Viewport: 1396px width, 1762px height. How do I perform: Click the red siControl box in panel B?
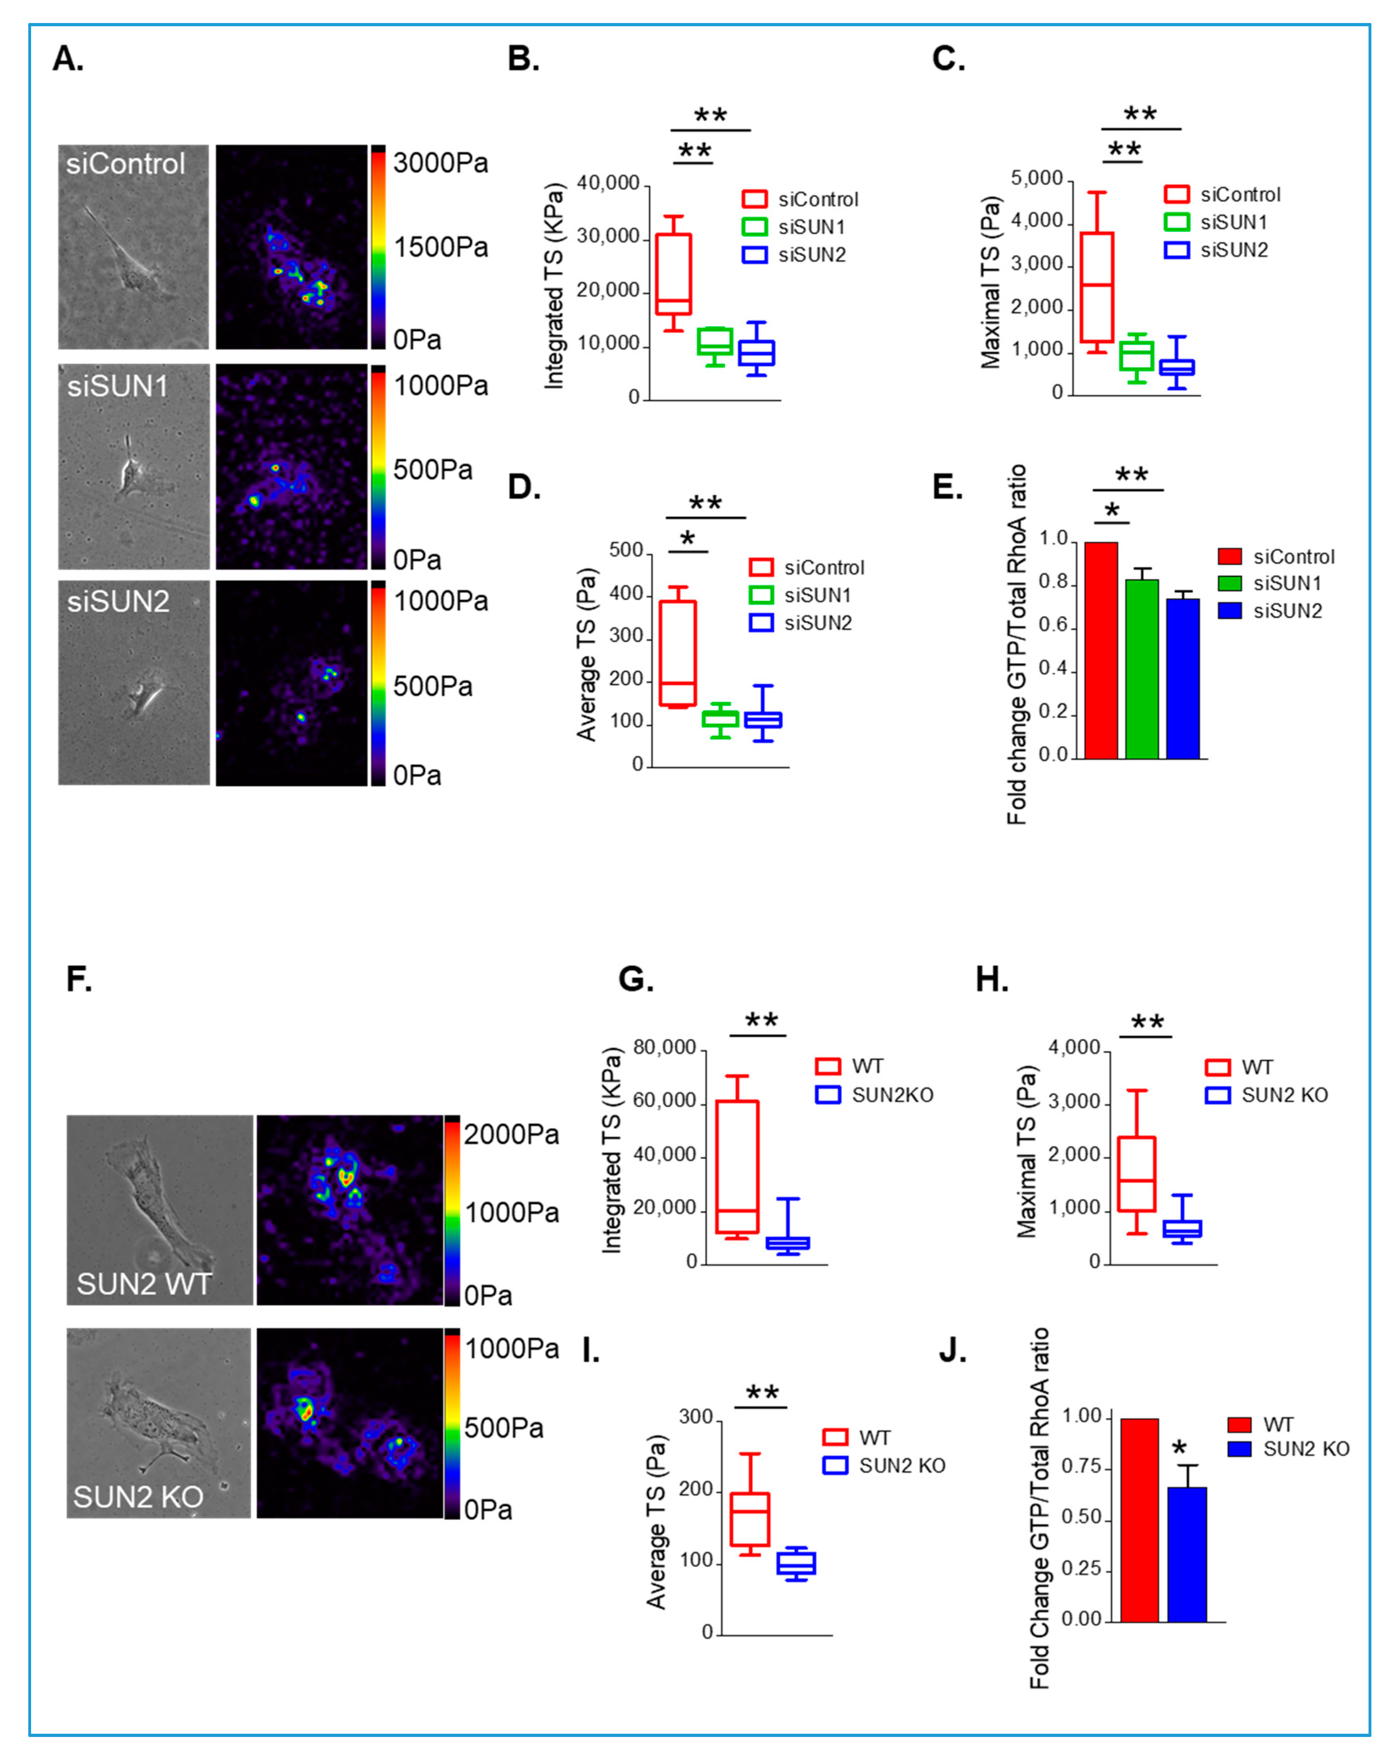point(674,274)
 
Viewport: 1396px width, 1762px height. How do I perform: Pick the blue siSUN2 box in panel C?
point(1177,367)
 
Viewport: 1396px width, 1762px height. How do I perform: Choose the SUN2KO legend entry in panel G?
point(875,1095)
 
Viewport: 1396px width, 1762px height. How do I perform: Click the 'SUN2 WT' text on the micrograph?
point(144,1284)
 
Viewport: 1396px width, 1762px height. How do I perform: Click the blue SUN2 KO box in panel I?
point(795,1563)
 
